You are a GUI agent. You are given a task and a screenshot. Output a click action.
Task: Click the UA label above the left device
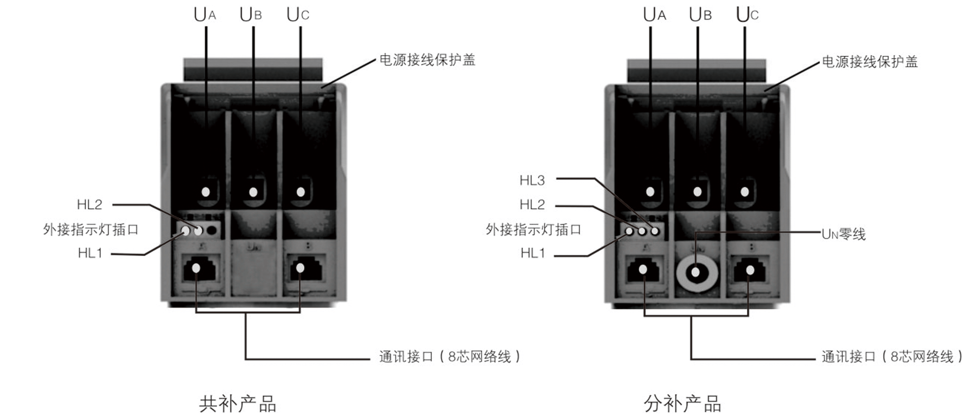point(204,15)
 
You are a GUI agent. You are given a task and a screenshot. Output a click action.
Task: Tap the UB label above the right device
point(700,15)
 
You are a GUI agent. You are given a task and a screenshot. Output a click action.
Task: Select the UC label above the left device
point(297,15)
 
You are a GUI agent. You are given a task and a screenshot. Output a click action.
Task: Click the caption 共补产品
point(237,404)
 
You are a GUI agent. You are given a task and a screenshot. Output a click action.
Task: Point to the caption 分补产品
point(682,404)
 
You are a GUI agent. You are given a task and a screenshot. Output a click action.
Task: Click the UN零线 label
point(843,234)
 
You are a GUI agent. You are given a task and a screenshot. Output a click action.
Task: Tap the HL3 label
point(532,180)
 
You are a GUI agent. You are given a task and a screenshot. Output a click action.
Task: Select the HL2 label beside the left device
point(89,204)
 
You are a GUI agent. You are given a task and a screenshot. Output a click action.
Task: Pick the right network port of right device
point(750,270)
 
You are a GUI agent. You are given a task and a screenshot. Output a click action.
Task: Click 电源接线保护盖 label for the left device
point(427,60)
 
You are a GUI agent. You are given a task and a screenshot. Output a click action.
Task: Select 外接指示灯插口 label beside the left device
point(90,229)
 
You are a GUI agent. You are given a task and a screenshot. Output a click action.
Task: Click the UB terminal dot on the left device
point(253,191)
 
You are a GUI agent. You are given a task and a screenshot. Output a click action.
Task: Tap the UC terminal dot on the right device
point(744,191)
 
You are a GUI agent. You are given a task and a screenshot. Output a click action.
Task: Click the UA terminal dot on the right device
point(650,191)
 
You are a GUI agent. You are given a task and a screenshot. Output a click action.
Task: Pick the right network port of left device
point(300,268)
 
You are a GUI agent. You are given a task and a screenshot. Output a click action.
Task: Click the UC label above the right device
point(746,15)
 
